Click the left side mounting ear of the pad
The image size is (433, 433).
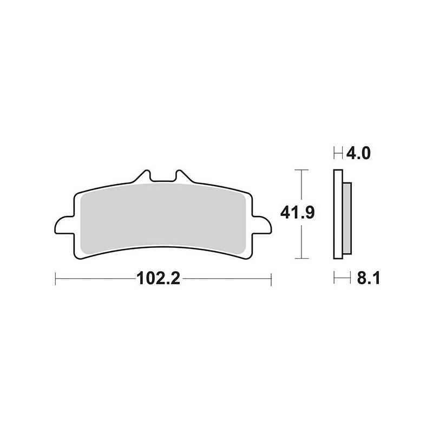click(x=63, y=226)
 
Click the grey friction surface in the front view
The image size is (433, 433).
click(x=162, y=216)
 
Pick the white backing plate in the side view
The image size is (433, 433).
click(x=337, y=216)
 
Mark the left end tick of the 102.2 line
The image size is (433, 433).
click(x=56, y=279)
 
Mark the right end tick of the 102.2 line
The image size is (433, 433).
click(x=270, y=279)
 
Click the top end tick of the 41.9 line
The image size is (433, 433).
click(x=300, y=170)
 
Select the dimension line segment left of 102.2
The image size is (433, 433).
click(x=95, y=279)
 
